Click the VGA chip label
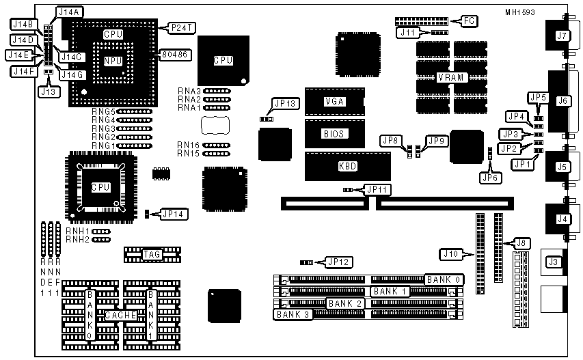(x=334, y=101)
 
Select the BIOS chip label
(x=334, y=134)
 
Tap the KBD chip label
(x=348, y=166)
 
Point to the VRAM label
(x=451, y=77)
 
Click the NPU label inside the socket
(x=113, y=61)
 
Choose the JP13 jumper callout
(x=285, y=104)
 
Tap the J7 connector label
(x=562, y=35)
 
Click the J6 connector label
(x=562, y=101)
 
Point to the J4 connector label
(x=562, y=219)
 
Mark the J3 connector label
(x=554, y=262)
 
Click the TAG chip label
(x=151, y=255)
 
